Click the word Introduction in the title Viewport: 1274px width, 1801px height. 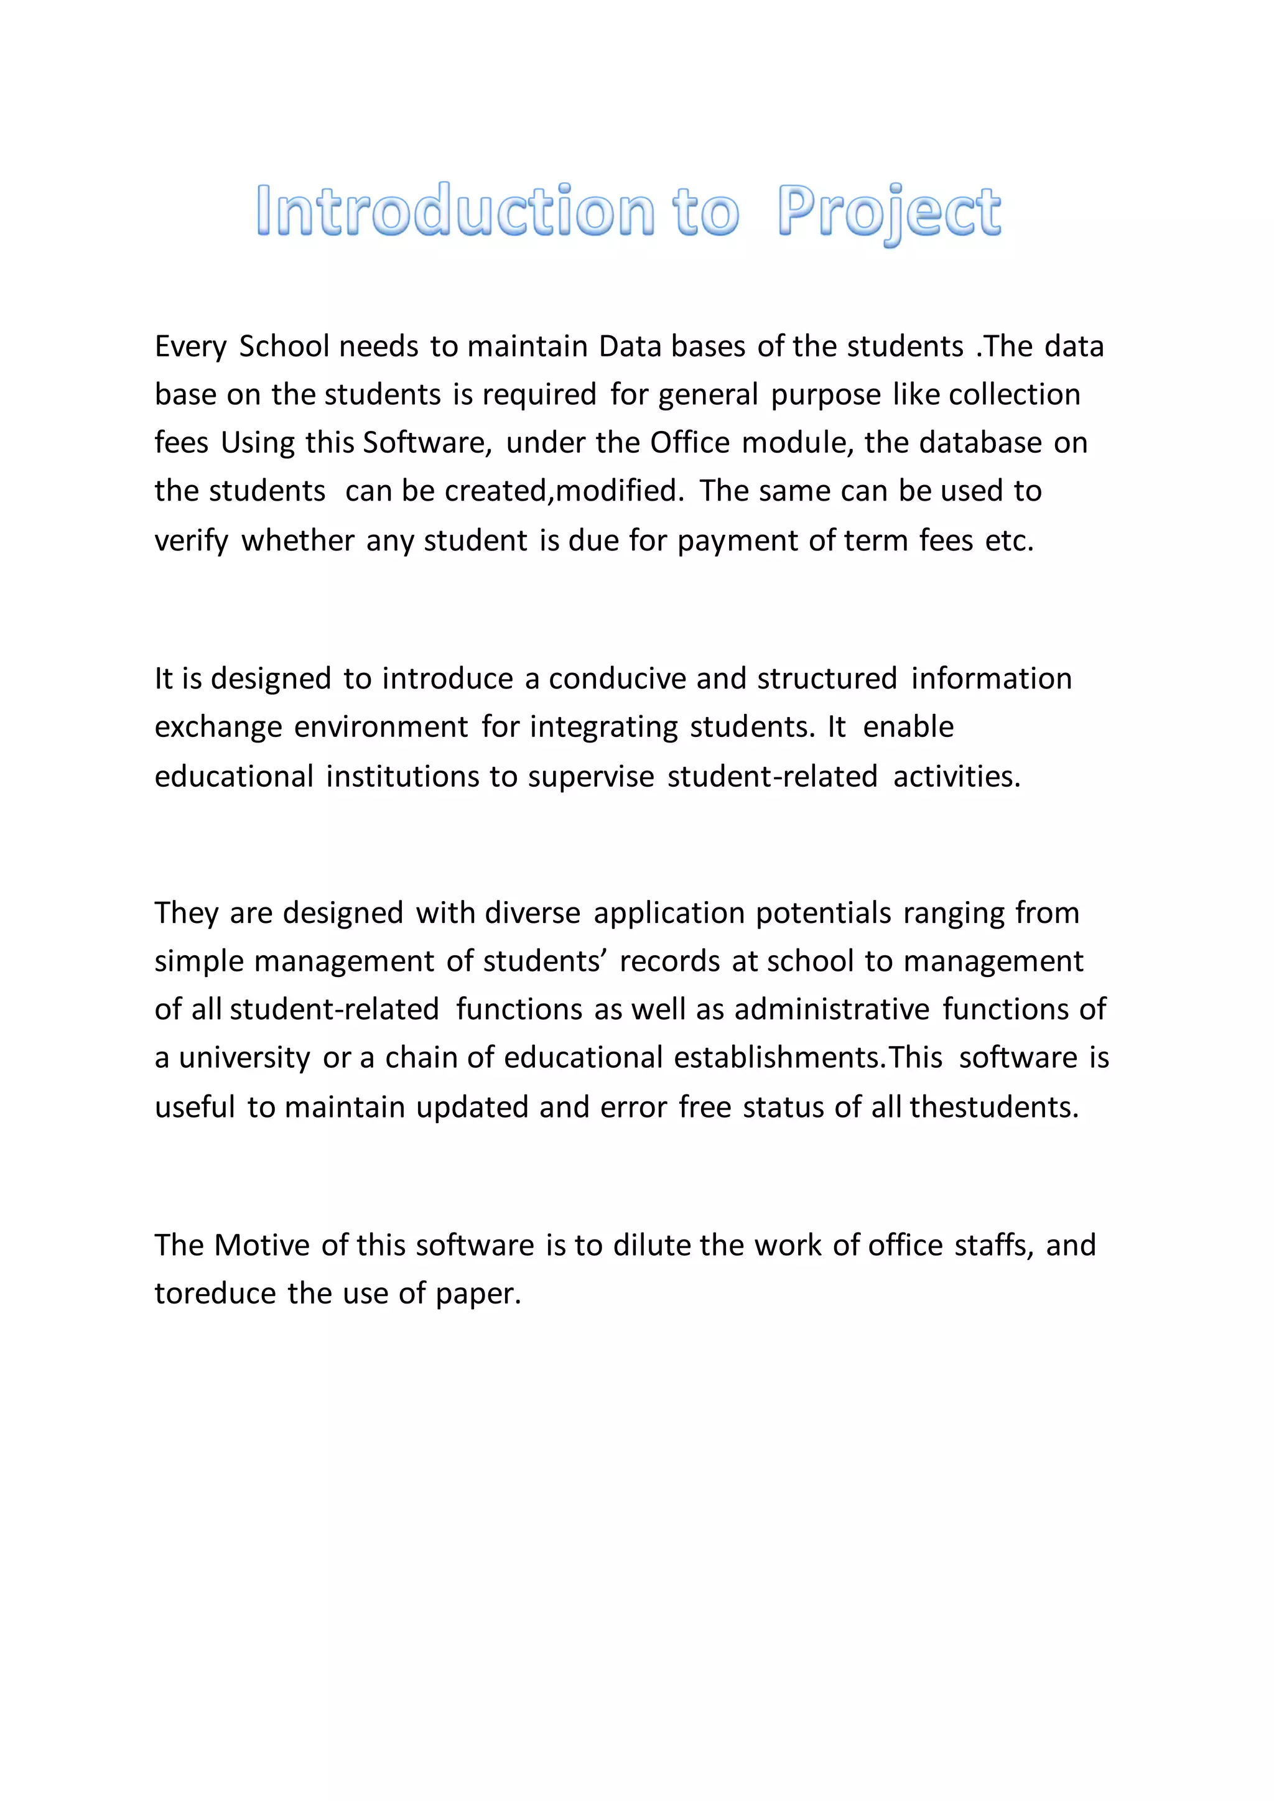click(x=455, y=210)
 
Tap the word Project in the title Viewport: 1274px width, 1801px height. click(x=888, y=212)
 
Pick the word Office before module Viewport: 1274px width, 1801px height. click(x=689, y=443)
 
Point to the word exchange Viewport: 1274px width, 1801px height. click(x=218, y=727)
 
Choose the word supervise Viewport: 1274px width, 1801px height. click(x=591, y=777)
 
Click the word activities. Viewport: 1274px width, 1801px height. click(x=956, y=777)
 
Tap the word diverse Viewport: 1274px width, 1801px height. click(x=532, y=913)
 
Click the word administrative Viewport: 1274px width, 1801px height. click(x=832, y=1009)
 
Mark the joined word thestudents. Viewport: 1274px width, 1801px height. click(x=994, y=1107)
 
